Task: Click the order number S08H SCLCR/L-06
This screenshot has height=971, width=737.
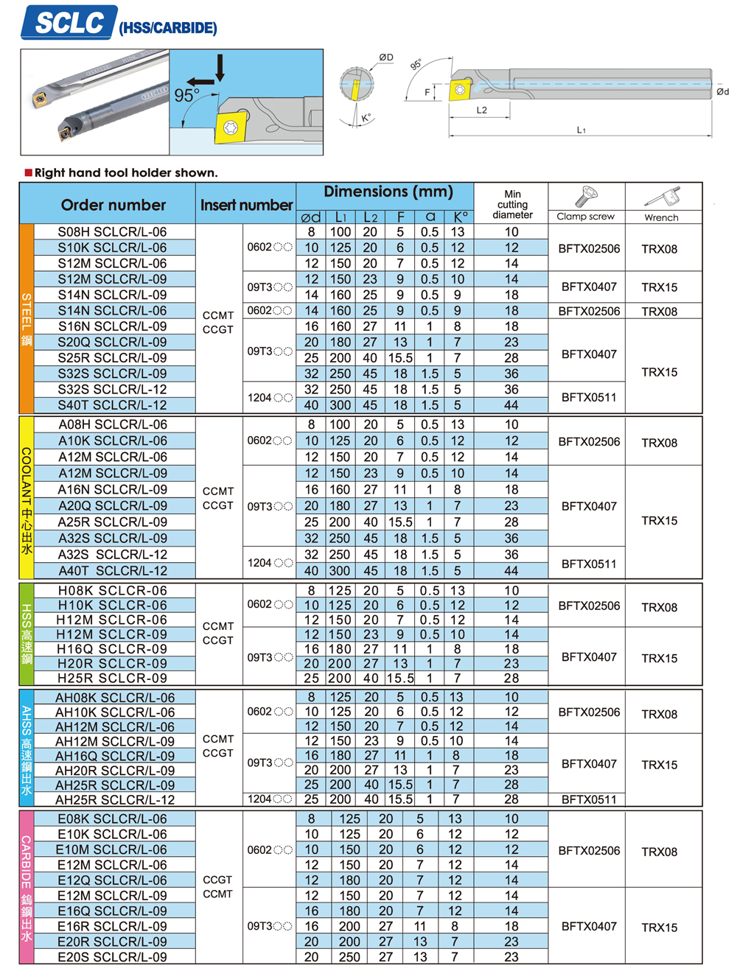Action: tap(112, 232)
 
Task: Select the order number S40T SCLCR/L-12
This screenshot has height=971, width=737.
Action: tap(112, 405)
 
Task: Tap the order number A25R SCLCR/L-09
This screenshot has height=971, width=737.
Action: tap(112, 522)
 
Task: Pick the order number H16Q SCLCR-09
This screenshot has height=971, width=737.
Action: tap(112, 649)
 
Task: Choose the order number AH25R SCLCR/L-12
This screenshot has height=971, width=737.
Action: tap(115, 800)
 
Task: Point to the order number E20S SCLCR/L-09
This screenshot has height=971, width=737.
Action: tap(112, 957)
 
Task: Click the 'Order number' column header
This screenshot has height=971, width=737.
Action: tap(113, 205)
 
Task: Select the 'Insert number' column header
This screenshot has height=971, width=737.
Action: tap(246, 206)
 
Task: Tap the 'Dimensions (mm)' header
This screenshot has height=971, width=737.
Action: tap(388, 192)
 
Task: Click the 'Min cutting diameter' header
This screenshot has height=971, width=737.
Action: tap(512, 205)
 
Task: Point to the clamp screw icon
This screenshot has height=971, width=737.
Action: tap(585, 197)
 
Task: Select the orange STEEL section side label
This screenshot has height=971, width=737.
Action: tap(27, 319)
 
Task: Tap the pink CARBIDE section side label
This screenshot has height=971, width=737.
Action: tap(27, 888)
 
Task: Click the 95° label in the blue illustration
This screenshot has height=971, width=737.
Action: tap(186, 97)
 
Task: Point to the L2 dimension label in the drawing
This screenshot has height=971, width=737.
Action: tap(481, 111)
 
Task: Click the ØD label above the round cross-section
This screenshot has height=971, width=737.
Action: tap(386, 57)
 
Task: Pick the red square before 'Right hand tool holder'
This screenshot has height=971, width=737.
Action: tap(29, 173)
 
